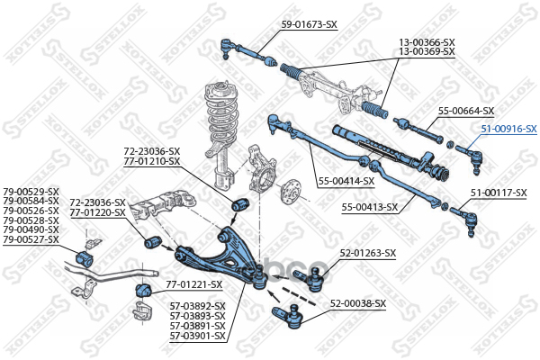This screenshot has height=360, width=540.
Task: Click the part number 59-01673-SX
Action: [x=310, y=24]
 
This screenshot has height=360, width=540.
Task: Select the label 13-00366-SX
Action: [x=427, y=42]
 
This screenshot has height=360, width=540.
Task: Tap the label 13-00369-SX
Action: [x=427, y=52]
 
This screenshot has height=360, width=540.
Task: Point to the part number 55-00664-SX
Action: [x=466, y=111]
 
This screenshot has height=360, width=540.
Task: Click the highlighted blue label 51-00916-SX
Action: [x=508, y=130]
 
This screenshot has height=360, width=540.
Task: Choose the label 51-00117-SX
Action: [x=499, y=193]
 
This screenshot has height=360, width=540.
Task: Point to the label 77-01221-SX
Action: [x=193, y=284]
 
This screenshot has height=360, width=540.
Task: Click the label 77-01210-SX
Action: [x=153, y=161]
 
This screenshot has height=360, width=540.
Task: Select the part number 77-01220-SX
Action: [x=98, y=212]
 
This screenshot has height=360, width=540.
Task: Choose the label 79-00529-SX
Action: [x=31, y=192]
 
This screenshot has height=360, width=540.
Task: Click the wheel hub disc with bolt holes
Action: [x=291, y=192]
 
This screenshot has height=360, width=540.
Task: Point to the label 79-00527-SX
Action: [x=31, y=239]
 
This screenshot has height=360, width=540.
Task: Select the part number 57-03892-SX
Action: [x=197, y=306]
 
